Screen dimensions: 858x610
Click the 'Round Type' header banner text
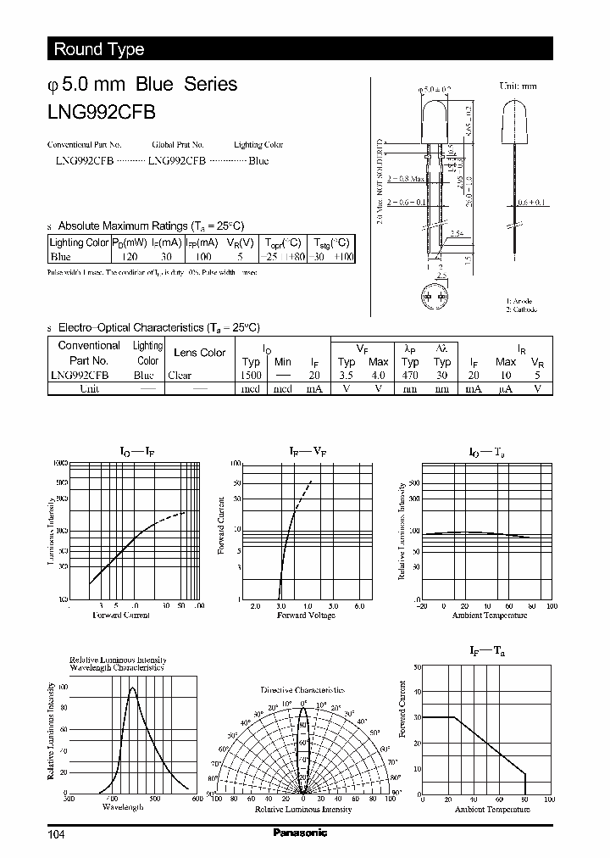click(99, 49)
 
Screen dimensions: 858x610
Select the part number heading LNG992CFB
click(101, 110)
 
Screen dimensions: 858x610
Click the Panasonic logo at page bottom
click(299, 833)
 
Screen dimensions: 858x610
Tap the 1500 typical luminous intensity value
click(251, 375)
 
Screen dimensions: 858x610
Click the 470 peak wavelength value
click(410, 375)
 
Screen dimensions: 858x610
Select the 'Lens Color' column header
click(199, 352)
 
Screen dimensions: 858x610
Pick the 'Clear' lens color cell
click(180, 375)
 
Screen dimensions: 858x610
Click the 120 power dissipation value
click(129, 256)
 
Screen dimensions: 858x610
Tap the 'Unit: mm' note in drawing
click(518, 86)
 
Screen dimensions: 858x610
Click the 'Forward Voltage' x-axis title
click(306, 615)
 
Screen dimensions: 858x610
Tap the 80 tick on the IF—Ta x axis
click(526, 799)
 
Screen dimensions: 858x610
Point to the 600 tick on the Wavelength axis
click(197, 799)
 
